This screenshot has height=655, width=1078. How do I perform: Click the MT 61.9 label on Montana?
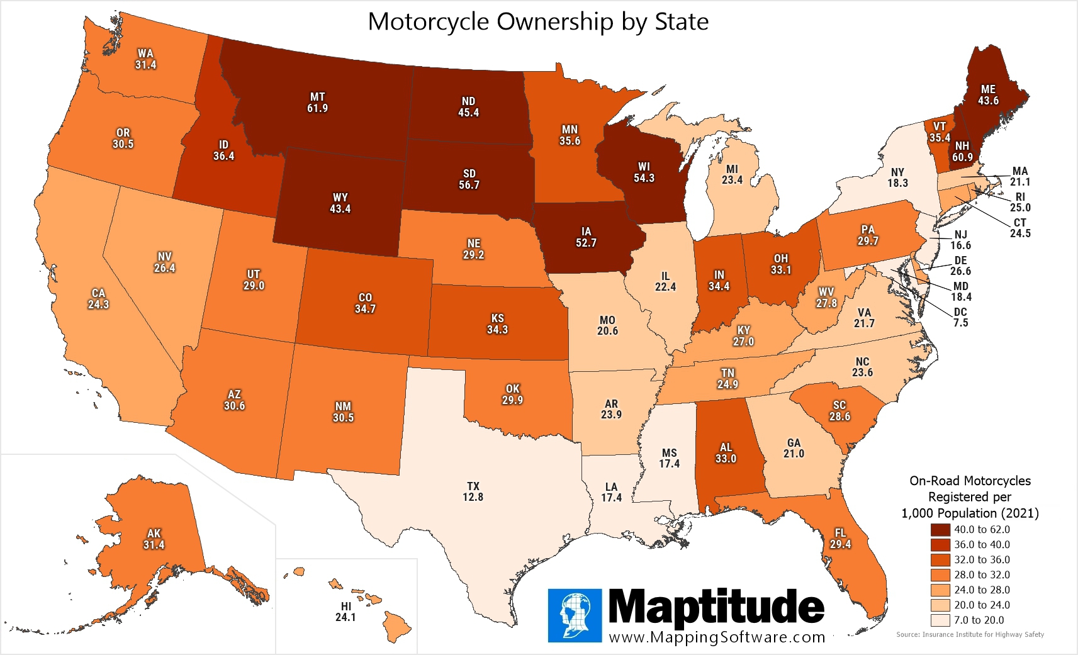317,103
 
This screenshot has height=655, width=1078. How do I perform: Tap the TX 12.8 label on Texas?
473,491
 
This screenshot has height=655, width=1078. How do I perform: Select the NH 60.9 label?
962,152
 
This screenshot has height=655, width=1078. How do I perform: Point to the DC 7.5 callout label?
960,317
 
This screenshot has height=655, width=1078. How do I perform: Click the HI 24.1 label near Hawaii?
345,612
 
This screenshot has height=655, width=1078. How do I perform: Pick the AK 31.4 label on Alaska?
154,539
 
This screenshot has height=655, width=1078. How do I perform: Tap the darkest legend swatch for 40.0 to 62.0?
940,530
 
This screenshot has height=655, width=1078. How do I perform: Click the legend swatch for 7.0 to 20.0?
940,620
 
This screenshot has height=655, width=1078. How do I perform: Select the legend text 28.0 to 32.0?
982,574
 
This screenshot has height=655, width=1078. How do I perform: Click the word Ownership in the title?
555,21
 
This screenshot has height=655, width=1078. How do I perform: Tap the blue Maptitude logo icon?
575,615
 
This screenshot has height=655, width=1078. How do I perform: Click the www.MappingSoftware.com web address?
717,637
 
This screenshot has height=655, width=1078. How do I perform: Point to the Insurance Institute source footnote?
970,634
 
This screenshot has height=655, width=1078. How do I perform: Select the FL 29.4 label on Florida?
840,539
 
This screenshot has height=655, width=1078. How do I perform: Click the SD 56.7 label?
469,179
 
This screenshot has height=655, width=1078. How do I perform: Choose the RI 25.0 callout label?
1020,202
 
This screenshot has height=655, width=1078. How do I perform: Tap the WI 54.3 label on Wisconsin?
644,172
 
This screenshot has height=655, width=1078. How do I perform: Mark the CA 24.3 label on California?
98,299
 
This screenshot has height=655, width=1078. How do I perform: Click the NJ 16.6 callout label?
960,240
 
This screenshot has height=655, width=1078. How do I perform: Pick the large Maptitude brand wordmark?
716,608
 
